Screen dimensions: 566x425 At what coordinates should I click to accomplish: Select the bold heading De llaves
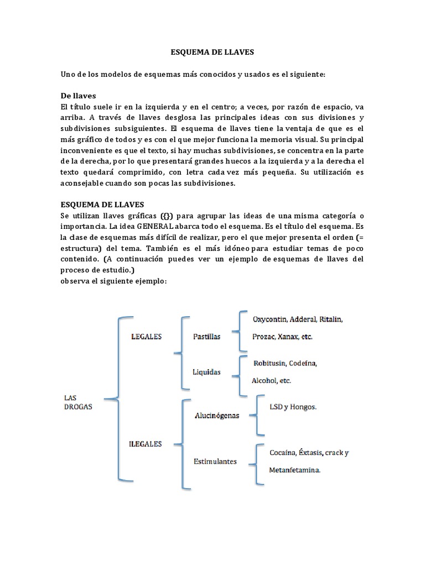click(80, 96)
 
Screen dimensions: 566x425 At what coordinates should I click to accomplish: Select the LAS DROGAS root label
click(77, 402)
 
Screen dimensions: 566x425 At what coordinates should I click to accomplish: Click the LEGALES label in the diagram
click(146, 336)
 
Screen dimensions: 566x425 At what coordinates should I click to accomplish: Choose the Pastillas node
click(206, 337)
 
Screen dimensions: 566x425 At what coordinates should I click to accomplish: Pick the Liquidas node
click(206, 372)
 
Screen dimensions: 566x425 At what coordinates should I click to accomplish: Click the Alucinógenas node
click(216, 416)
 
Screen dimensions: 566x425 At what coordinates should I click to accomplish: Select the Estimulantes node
click(215, 460)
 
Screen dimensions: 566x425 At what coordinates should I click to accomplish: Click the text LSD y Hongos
click(293, 406)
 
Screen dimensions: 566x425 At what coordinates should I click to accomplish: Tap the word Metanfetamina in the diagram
click(294, 470)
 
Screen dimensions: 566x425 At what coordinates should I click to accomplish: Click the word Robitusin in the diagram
click(269, 363)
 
